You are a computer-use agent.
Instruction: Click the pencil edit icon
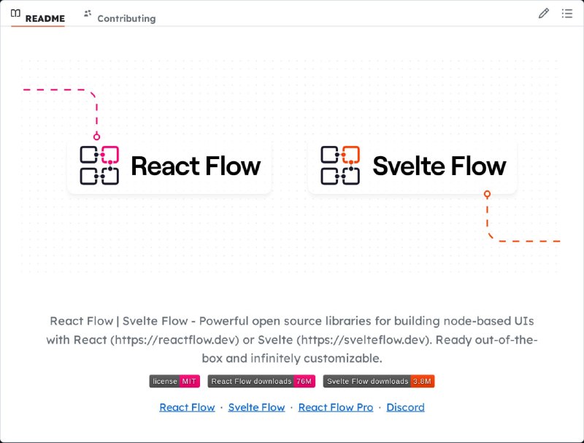543,13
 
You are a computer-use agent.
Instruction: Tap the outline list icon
567,13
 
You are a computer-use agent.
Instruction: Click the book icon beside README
15,13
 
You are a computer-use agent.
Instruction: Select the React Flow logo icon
99,165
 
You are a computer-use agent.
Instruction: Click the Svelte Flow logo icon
340,165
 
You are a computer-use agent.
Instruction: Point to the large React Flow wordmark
196,166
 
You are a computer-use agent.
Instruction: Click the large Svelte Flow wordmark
439,166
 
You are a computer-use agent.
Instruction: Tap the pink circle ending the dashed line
96,136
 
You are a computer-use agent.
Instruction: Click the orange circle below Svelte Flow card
487,194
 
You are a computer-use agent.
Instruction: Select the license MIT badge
174,381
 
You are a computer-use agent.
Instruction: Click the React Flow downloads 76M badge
261,381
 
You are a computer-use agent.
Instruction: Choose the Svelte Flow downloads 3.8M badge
379,381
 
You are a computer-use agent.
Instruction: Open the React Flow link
187,407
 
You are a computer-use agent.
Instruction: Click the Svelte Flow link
257,407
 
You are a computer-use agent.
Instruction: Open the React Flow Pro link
336,407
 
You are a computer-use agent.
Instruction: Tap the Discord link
405,407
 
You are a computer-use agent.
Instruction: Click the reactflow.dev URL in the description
174,340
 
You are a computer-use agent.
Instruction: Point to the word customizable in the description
342,358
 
